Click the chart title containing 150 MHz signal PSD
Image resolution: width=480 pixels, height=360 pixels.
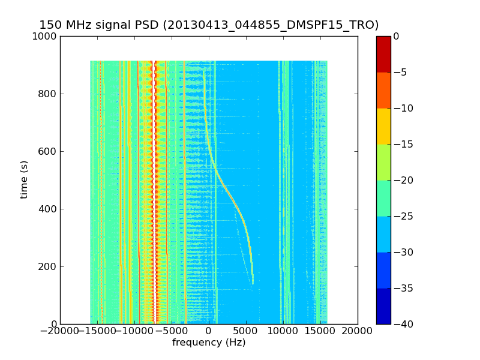click(209, 25)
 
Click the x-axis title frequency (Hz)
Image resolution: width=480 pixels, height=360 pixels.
click(209, 343)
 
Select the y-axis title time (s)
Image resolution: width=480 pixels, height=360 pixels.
click(25, 179)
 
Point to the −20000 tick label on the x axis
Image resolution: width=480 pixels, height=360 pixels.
click(60, 331)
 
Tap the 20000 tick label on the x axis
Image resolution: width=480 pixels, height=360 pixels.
click(358, 331)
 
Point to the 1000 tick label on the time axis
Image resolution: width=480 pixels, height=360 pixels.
click(46, 36)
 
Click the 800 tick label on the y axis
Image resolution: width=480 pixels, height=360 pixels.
click(49, 94)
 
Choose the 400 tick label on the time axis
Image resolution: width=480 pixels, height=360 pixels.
click(49, 209)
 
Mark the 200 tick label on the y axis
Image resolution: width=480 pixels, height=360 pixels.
click(49, 266)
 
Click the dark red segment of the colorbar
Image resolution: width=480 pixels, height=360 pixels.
click(383, 54)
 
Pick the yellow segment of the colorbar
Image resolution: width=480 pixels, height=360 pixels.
click(383, 126)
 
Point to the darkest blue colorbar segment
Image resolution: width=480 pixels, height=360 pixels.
click(383, 306)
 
